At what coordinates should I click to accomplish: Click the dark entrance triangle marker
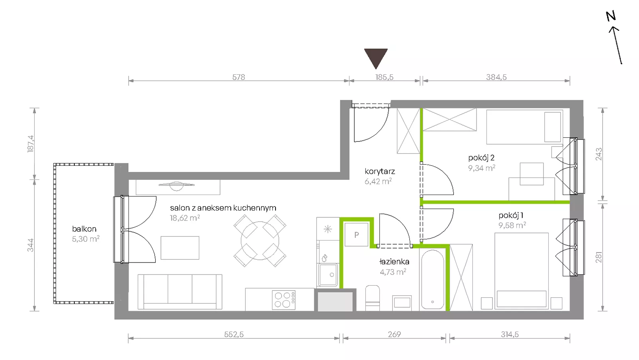pos(376,57)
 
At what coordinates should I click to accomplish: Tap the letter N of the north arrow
pos(611,16)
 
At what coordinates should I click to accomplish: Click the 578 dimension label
pos(238,77)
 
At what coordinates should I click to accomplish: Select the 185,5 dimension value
pos(384,77)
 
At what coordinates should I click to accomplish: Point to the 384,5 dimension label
pos(496,77)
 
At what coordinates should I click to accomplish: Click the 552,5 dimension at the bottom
pos(234,334)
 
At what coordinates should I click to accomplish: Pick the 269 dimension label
pos(394,334)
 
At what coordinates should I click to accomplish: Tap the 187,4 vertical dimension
pos(30,143)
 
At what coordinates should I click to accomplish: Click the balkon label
pos(84,229)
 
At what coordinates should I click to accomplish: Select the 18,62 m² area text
pos(185,218)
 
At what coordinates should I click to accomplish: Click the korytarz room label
pos(380,171)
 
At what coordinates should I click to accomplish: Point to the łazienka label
pos(394,261)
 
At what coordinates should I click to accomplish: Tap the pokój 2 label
pos(481,157)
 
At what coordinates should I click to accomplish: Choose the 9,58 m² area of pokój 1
pos(512,225)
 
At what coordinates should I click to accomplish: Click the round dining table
pos(260,241)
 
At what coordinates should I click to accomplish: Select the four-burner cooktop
pos(284,300)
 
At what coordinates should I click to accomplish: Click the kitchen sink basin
pos(328,275)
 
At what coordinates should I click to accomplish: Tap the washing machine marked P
pos(356,235)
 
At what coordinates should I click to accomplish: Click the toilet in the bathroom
pos(373,298)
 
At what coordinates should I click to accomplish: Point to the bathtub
pos(433,280)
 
